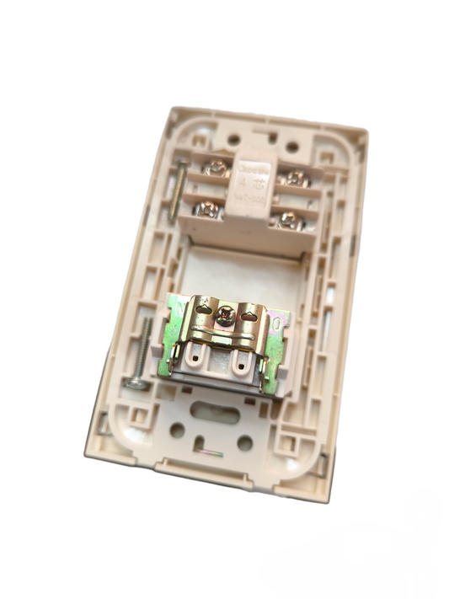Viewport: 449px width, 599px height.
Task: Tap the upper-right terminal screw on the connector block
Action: (x=295, y=178)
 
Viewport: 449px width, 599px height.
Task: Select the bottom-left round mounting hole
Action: (x=177, y=429)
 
